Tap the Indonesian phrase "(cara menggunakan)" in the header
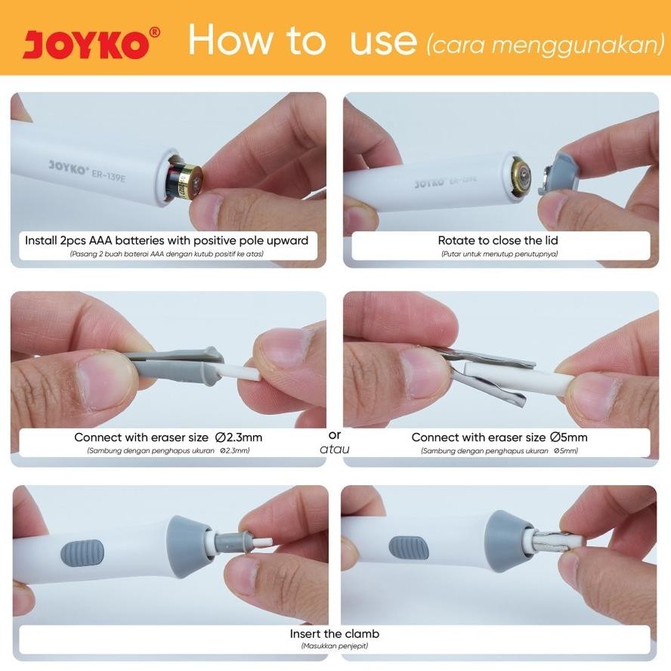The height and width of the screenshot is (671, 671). pos(546,45)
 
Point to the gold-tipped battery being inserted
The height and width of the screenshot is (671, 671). pos(185,181)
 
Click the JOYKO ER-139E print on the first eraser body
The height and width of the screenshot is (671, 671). pos(87,171)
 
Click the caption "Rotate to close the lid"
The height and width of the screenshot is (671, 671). pos(498,240)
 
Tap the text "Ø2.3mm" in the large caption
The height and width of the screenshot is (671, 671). pos(239,437)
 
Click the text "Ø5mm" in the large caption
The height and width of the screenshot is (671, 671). pos(569,437)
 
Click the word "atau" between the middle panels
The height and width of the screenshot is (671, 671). pos(335,449)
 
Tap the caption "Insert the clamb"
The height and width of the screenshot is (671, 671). pos(335,633)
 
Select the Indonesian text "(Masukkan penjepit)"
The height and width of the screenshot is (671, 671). pos(335,646)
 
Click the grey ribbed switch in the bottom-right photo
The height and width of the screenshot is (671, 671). pos(409,548)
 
